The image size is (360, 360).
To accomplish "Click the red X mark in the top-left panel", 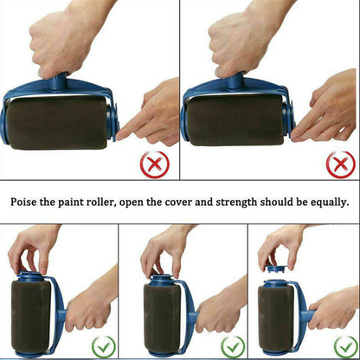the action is (155, 164).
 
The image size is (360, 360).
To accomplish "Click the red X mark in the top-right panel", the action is (341, 164).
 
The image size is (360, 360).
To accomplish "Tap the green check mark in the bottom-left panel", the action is (104, 347).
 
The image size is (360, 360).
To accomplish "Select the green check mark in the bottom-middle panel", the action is (233, 347).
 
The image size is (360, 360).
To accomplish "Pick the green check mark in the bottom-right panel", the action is (346, 347).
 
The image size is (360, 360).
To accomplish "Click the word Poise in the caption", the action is (23, 202).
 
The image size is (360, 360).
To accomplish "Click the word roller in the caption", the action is (101, 202).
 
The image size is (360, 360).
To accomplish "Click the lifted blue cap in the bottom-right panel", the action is (276, 268).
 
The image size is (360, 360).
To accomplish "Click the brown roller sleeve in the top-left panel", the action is (57, 123).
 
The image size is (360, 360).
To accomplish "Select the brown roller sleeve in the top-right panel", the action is (235, 120).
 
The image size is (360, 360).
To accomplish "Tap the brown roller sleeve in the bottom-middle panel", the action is (162, 318).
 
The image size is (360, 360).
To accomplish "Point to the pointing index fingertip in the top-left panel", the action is (119, 135).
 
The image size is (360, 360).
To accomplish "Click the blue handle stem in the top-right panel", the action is (235, 80).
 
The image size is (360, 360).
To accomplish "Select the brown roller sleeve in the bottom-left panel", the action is (31, 316).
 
